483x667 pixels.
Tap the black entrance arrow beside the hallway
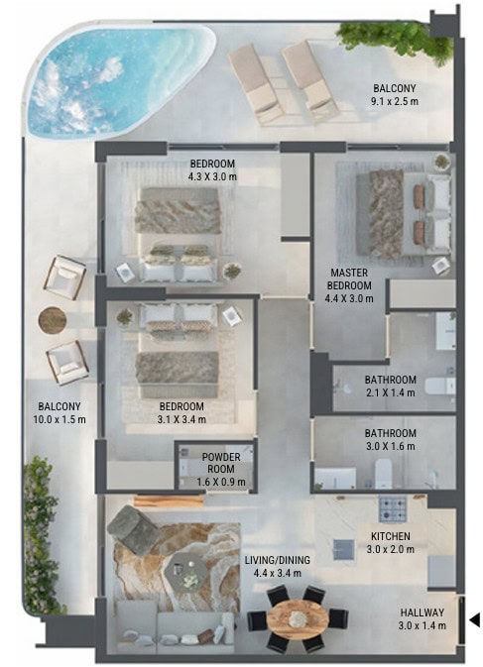coord(475,619)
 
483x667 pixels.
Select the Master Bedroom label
coord(349,279)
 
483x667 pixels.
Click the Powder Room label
coord(221,463)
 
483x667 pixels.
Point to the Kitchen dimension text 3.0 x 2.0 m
coord(390,549)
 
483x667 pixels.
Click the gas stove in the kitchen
coord(393,508)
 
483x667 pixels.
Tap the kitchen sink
coord(343,550)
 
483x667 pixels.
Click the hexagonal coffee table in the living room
coord(186,572)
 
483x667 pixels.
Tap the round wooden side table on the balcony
coord(53,320)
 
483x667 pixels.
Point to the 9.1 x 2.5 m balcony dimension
coord(394,101)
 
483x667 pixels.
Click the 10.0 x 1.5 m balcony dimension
coord(60,419)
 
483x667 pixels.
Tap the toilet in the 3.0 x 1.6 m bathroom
coord(384,474)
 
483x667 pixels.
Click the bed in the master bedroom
coord(403,214)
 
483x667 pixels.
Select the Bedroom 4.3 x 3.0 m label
coord(212,169)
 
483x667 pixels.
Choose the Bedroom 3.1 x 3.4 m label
coord(181,412)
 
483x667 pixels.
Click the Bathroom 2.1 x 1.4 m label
coord(390,386)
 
